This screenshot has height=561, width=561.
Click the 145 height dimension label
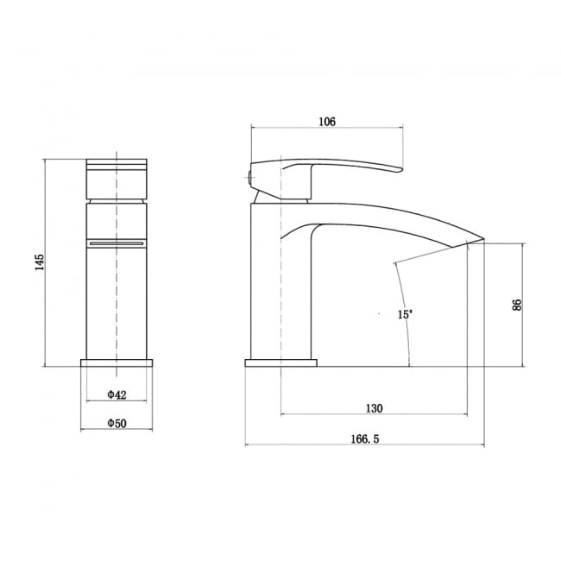(39, 263)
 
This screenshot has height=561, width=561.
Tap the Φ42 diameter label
(117, 394)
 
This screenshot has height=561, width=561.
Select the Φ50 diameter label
(117, 424)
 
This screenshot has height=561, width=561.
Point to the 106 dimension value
(327, 122)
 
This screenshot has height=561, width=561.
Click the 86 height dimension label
(517, 305)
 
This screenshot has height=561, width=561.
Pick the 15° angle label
(405, 315)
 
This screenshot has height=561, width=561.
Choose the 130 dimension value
(375, 408)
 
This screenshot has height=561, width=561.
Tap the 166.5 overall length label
(365, 439)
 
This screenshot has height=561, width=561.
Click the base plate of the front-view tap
(117, 362)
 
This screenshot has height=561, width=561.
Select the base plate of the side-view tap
(281, 363)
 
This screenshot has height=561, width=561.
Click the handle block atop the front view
(117, 177)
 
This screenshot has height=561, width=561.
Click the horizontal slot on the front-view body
(117, 243)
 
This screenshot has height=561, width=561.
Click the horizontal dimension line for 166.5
(365, 446)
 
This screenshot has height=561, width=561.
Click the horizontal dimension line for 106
(327, 129)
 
